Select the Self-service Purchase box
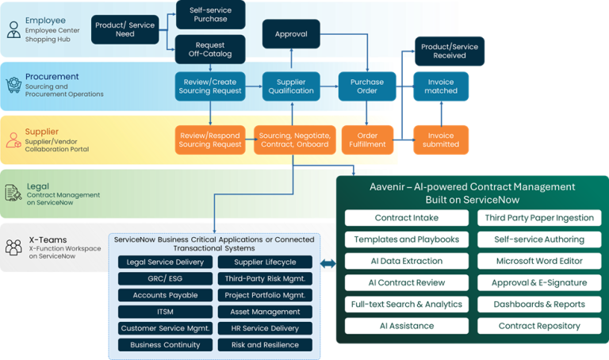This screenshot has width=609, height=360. point(209,15)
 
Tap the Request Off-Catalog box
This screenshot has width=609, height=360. point(209,50)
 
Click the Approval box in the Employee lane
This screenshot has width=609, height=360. point(291,35)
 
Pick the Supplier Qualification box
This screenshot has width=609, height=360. point(291,86)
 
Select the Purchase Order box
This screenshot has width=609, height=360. point(367,86)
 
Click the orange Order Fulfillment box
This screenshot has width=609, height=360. point(367,140)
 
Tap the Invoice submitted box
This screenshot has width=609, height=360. point(441,140)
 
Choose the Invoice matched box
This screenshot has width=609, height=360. point(441,86)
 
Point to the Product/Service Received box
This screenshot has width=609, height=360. point(449,51)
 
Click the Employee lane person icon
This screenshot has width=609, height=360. point(13,30)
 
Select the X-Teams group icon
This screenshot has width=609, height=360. point(13,247)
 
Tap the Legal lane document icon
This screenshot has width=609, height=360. point(13,193)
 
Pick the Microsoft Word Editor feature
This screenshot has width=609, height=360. point(539,261)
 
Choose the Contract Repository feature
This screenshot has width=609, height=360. point(539,326)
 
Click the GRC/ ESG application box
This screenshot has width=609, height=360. point(165,278)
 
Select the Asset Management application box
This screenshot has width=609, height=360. point(265,312)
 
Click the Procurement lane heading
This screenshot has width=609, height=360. point(52,76)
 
